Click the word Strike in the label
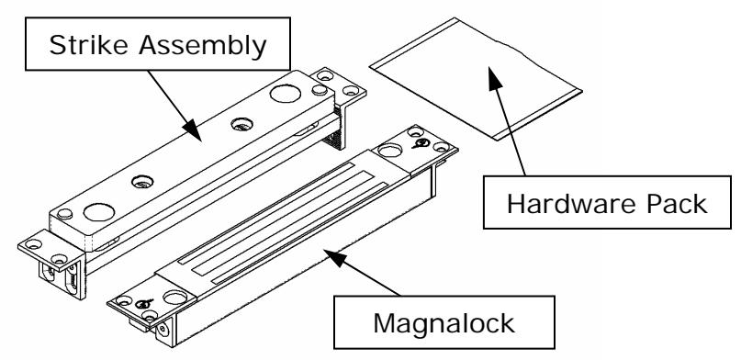click(x=88, y=45)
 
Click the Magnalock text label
click(x=443, y=323)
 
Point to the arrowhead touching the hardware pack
click(x=494, y=78)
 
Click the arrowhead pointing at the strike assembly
click(x=193, y=129)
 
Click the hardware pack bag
click(x=476, y=78)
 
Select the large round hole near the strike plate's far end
click(x=286, y=93)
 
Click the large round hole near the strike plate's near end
click(x=99, y=211)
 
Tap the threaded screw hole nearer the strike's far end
click(x=241, y=124)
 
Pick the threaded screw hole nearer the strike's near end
click(x=142, y=181)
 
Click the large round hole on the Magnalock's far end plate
click(x=390, y=151)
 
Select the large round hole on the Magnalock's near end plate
click(x=174, y=298)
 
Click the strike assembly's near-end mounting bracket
click(x=53, y=263)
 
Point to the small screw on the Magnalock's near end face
click(x=162, y=328)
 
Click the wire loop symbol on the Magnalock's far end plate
click(x=421, y=142)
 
